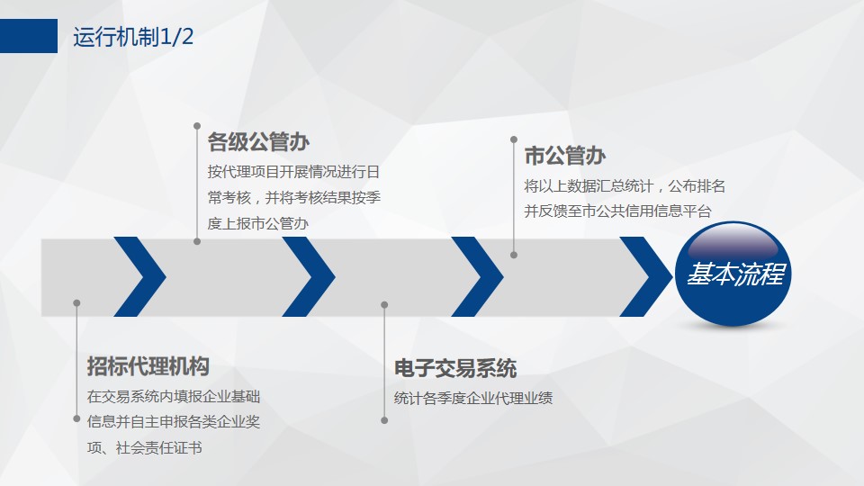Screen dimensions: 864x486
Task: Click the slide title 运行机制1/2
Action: coord(133,37)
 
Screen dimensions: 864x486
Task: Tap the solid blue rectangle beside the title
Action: coord(29,36)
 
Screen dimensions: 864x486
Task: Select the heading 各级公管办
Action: coord(258,142)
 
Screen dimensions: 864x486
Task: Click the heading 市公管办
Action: coord(565,156)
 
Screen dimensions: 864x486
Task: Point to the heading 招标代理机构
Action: coord(148,366)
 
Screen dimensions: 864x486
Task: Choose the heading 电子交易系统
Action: coord(455,369)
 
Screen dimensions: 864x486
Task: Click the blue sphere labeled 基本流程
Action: coord(733,274)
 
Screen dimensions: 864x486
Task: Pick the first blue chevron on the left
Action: coord(140,276)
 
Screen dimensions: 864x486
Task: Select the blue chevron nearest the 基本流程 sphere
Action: coord(646,276)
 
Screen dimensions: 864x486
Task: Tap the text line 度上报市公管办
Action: coord(258,223)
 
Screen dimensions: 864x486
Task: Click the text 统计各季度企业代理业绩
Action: coord(472,399)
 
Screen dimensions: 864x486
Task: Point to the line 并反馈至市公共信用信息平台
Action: coord(617,211)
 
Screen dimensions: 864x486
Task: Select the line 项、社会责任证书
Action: coord(144,448)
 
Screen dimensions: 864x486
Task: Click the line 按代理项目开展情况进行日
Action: coord(293,172)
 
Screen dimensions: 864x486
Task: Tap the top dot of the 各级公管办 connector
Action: coord(197,126)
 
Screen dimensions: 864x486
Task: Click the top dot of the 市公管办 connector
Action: coord(514,140)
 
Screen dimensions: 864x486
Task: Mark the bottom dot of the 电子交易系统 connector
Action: coord(384,420)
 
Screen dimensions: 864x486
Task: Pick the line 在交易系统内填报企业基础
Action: coord(174,397)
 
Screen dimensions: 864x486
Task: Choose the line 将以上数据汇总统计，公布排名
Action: coord(625,186)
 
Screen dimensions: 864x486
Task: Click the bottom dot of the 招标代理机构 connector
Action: coord(76,418)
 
